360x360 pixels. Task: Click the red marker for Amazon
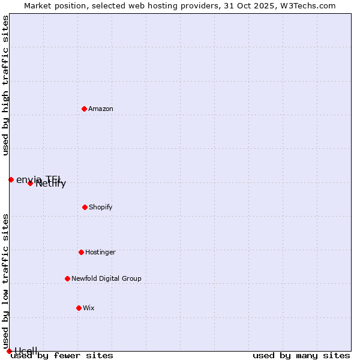pos(85,109)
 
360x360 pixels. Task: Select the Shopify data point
pos(85,207)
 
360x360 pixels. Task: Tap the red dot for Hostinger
pos(81,252)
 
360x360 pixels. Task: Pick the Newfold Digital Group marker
pos(67,278)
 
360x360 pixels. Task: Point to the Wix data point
pos(79,308)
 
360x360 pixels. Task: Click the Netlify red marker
pos(30,183)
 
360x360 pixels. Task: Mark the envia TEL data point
pos(11,179)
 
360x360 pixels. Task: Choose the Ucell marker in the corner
pos(9,351)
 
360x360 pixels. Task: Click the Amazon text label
pos(101,109)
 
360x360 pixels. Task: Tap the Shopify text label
pos(101,207)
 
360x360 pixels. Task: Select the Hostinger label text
pos(100,252)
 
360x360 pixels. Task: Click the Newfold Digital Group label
pos(106,278)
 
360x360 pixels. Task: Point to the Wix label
pos(89,308)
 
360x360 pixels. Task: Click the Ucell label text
pos(26,351)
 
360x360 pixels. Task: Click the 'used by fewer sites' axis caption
pos(62,356)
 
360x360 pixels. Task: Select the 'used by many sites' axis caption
pos(301,356)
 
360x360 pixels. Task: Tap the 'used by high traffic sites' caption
pos(6,85)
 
